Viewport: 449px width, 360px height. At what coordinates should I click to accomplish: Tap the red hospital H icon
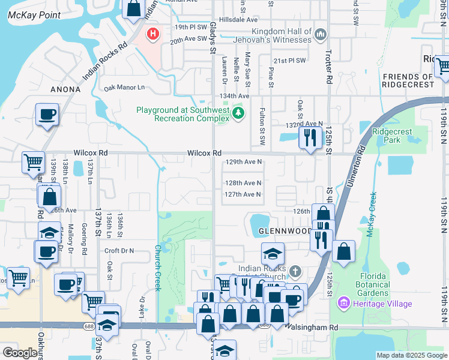(x=153, y=34)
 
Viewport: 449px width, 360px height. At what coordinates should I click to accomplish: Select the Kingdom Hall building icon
(x=320, y=35)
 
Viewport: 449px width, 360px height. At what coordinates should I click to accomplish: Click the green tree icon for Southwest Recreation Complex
(x=239, y=113)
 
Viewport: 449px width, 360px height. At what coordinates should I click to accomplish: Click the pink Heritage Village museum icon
(x=343, y=304)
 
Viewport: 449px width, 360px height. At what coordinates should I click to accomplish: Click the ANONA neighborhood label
(x=66, y=89)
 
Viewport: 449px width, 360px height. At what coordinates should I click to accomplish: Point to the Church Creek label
(x=158, y=268)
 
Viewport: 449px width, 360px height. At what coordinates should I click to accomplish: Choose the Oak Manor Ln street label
(x=124, y=88)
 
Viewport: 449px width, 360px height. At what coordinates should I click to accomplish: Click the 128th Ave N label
(x=243, y=183)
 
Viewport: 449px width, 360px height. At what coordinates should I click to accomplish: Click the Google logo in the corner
(x=20, y=353)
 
